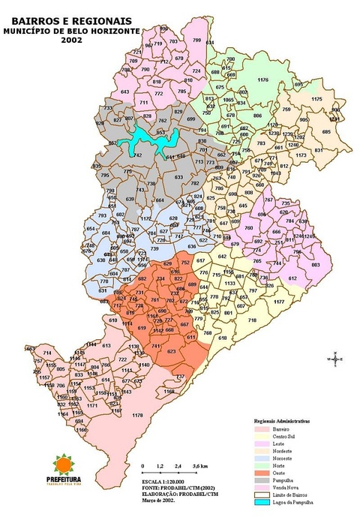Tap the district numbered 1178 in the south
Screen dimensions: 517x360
click(137, 415)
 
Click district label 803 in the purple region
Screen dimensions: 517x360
click(315, 264)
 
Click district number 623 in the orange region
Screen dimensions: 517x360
click(171, 351)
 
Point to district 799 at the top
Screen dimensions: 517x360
click(196, 40)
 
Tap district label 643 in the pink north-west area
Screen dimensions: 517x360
click(124, 92)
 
